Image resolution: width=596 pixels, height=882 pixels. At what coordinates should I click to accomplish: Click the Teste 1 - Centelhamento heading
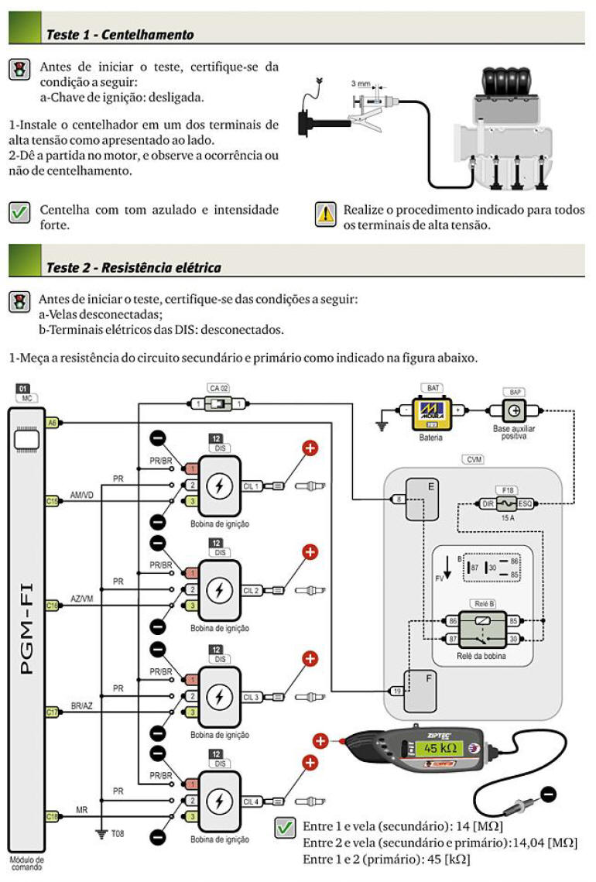pyautogui.click(x=120, y=34)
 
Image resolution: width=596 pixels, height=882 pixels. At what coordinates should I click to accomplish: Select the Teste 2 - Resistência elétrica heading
pyautogui.click(x=133, y=267)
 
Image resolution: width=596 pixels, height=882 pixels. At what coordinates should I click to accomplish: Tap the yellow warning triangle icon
pyautogui.click(x=325, y=214)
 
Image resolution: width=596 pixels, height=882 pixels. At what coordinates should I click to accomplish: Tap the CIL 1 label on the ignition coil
pyautogui.click(x=250, y=486)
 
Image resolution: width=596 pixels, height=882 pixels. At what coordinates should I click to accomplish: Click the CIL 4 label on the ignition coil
pyautogui.click(x=250, y=801)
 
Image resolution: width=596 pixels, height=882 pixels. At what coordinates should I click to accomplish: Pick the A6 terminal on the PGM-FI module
pyautogui.click(x=53, y=423)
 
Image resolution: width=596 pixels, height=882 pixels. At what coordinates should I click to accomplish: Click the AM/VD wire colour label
pyautogui.click(x=82, y=494)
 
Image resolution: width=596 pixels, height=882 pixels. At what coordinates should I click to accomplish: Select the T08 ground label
pyautogui.click(x=117, y=834)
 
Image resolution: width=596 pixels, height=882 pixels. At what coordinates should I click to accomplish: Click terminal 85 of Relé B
pyautogui.click(x=513, y=620)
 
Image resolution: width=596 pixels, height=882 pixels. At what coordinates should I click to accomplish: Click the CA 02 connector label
pyautogui.click(x=218, y=387)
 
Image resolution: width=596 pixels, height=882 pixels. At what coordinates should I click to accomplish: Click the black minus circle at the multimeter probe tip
pyautogui.click(x=548, y=794)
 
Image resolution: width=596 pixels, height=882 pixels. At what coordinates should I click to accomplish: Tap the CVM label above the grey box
pyautogui.click(x=473, y=459)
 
